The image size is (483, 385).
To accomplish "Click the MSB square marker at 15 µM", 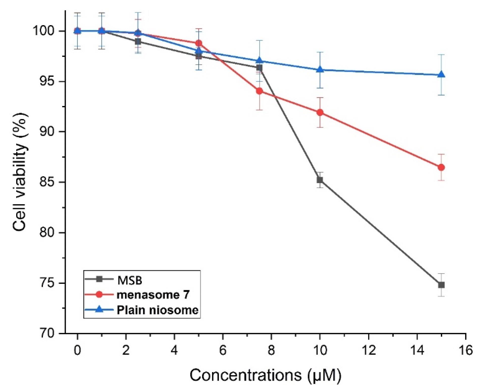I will pos(441,285).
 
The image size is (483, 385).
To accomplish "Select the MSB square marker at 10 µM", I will pos(320,180).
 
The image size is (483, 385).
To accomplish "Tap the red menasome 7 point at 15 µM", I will pos(441,167).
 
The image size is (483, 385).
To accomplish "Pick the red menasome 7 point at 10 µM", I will pos(320,112).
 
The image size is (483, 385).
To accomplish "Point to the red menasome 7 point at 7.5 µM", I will pos(259,91).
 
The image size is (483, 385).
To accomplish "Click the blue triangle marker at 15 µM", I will pos(441,74).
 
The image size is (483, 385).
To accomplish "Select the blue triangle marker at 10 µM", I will pos(320,69).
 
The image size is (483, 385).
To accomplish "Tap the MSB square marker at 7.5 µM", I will pos(259,68).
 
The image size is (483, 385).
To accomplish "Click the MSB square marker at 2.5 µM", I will pos(138,41).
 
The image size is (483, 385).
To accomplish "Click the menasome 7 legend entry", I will pos(153,295).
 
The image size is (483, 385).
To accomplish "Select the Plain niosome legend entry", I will pos(157,310).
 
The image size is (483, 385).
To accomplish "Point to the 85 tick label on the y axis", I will pos(47,182).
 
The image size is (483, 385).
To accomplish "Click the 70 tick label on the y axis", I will pos(47,333).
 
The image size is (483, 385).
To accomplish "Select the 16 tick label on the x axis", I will pos(465,350).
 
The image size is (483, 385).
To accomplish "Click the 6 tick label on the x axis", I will pos(223,350).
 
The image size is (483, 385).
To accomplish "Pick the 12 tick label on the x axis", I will pos(368,350).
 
